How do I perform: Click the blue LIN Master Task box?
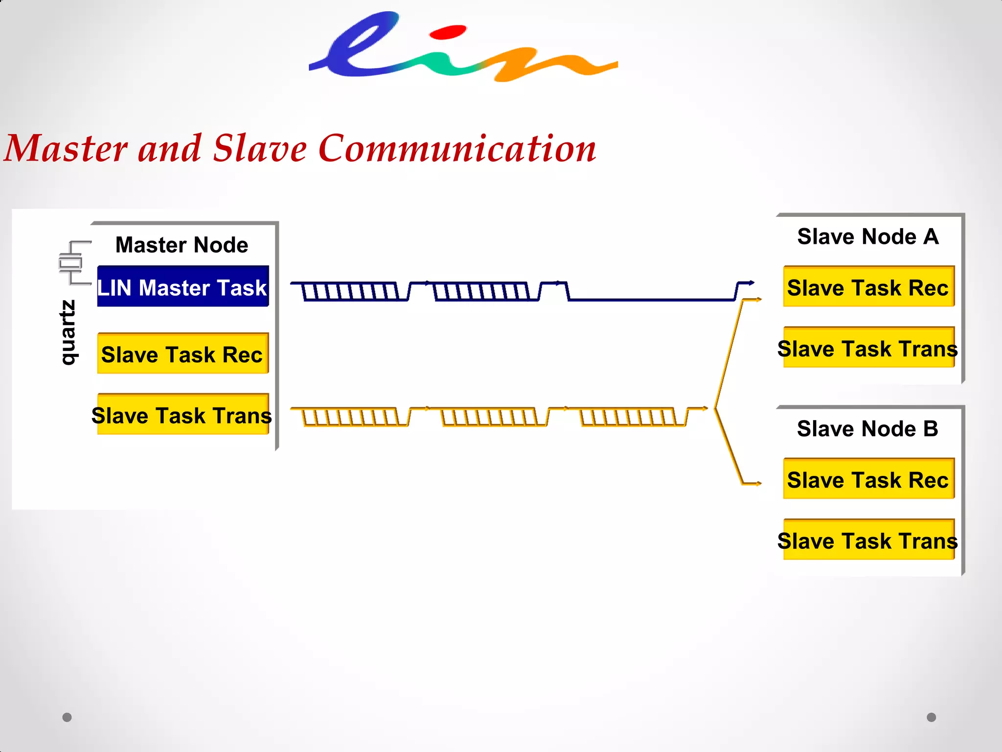(182, 286)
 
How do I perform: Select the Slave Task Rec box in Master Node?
(182, 353)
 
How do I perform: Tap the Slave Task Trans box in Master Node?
(182, 415)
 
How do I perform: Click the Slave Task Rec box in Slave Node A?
(868, 287)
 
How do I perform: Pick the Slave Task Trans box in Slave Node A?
(868, 348)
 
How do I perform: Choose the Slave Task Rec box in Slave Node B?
(868, 479)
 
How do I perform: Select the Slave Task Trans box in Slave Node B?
(868, 540)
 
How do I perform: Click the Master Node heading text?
(182, 244)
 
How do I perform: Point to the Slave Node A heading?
(868, 236)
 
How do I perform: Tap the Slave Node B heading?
(867, 428)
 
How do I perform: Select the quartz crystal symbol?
(71, 263)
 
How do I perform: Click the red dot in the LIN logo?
(448, 33)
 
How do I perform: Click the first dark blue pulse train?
(349, 291)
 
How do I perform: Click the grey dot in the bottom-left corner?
(67, 717)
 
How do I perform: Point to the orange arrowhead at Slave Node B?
(758, 484)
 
